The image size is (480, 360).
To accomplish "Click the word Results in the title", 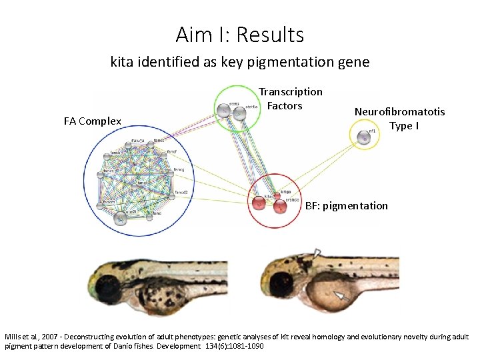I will (x=270, y=34).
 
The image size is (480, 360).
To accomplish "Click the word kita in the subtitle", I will (x=123, y=63).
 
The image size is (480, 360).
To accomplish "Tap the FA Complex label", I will (x=93, y=121).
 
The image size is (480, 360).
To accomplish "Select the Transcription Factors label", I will (x=290, y=99).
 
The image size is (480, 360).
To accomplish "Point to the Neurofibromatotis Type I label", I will (x=399, y=119).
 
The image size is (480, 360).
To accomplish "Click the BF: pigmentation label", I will (x=346, y=205).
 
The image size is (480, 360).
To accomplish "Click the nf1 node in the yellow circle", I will (x=363, y=137).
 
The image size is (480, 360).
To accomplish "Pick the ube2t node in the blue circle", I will (x=120, y=216).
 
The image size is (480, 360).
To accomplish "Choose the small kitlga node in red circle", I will (x=277, y=195).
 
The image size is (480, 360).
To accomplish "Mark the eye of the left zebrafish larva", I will (x=107, y=287).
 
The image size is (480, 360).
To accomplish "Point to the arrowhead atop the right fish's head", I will (x=317, y=253).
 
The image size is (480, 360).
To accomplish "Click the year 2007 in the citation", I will (x=53, y=337).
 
